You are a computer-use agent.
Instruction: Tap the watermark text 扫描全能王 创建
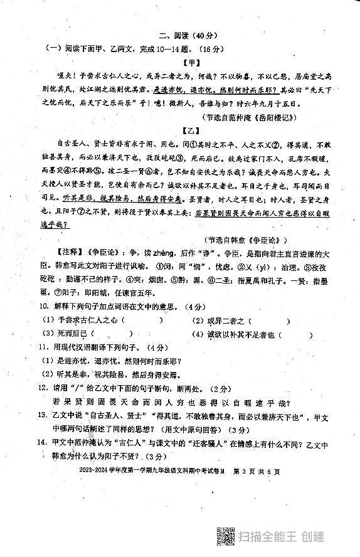click(x=282, y=537)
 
